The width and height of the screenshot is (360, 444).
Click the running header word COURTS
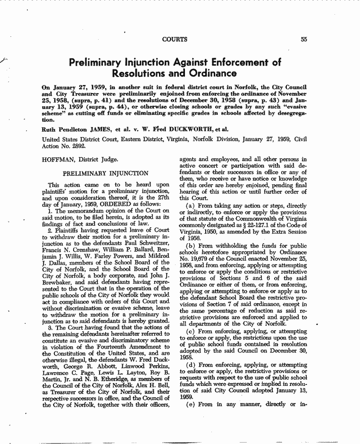coord(175,40)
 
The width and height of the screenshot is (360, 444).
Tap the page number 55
coord(304,40)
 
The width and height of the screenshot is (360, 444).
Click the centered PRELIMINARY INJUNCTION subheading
coord(106,173)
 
